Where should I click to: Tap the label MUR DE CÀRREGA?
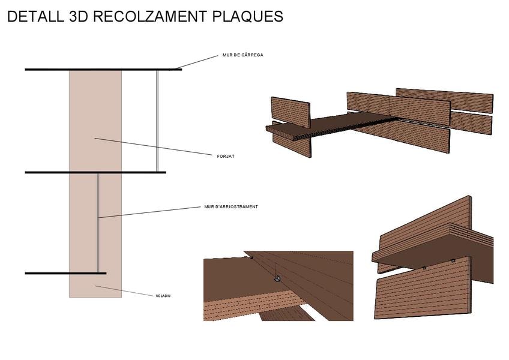click(242, 55)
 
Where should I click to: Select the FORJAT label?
click(225, 156)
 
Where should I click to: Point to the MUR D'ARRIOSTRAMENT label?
click(230, 207)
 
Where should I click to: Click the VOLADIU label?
click(163, 296)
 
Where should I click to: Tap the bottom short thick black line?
click(48, 274)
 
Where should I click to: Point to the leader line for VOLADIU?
click(126, 291)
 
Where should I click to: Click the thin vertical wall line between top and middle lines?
click(157, 120)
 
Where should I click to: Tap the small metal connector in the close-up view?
click(276, 278)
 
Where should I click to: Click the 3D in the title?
click(79, 17)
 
